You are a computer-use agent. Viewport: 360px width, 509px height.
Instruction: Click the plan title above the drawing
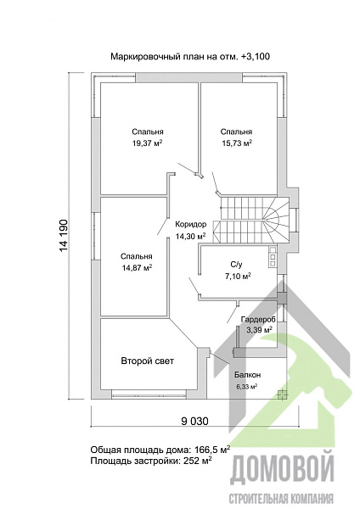(x=190, y=57)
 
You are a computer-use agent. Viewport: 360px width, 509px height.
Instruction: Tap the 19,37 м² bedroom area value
(x=148, y=143)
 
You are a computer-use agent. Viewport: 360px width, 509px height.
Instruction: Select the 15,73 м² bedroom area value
(x=237, y=143)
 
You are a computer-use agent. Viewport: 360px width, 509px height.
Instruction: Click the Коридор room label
(x=191, y=224)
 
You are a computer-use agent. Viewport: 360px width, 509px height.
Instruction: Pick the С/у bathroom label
(x=237, y=265)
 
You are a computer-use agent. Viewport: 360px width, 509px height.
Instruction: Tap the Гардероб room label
(x=258, y=320)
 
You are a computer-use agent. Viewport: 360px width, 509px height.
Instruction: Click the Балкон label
(x=248, y=375)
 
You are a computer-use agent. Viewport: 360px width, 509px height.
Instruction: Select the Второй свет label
(x=148, y=361)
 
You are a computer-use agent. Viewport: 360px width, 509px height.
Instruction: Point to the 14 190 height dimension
(x=64, y=236)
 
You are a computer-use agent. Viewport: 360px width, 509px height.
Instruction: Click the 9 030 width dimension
(x=194, y=422)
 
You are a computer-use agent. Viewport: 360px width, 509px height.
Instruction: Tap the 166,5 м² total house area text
(x=212, y=450)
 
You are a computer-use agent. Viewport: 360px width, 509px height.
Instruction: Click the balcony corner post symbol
(x=282, y=394)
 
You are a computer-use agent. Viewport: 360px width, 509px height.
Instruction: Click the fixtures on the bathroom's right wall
(x=273, y=257)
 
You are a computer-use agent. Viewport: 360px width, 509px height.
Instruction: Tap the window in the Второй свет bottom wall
(x=149, y=394)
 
